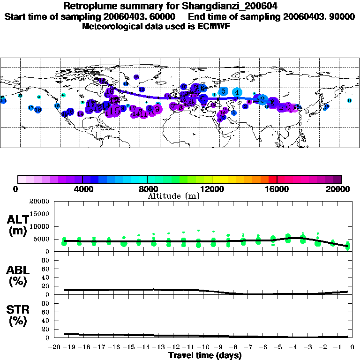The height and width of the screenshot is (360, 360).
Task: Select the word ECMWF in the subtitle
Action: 214,26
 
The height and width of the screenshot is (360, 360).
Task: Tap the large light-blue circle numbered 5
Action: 224,91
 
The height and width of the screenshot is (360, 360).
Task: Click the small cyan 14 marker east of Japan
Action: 349,101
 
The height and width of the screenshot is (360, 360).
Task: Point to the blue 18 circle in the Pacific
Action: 38,110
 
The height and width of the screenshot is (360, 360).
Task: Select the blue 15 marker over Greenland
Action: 136,77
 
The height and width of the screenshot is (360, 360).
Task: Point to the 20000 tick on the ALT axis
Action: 39,202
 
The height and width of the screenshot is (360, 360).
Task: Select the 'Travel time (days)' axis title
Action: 205,356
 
